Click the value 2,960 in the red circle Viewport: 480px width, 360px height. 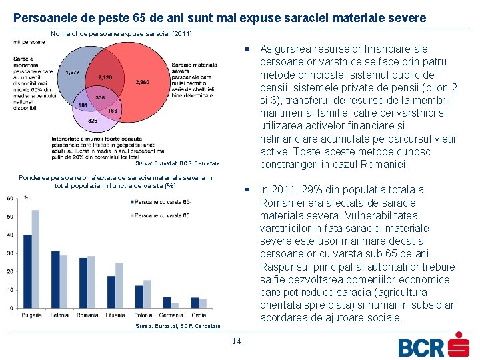click(143, 82)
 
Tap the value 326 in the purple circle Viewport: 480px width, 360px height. click(93, 120)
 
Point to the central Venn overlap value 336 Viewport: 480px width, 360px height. click(100, 97)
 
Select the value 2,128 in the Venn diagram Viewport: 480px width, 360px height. click(106, 77)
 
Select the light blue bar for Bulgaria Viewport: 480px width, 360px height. click(36, 259)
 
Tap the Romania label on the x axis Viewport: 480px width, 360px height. click(87, 315)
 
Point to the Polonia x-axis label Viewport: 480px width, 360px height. click(143, 315)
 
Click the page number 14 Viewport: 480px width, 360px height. click(236, 342)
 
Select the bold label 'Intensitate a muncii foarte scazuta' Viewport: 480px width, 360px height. click(95, 139)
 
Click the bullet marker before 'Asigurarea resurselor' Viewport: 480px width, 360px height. click(247, 49)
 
